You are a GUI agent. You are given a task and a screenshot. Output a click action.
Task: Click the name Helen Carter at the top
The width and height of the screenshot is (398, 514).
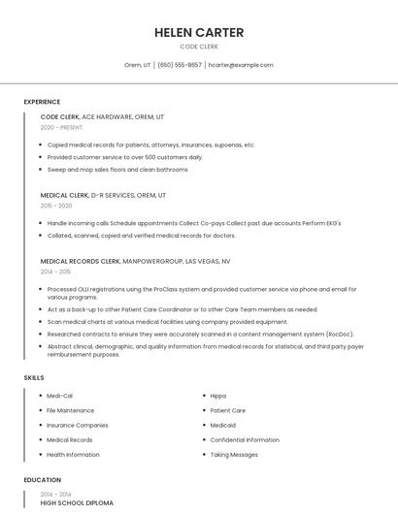[x=199, y=33]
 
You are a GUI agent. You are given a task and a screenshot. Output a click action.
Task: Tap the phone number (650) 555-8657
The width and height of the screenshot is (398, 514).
[x=180, y=65]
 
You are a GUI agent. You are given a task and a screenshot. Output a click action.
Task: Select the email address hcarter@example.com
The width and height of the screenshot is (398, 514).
[x=242, y=65]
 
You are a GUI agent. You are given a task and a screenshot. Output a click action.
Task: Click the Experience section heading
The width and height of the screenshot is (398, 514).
[x=42, y=102]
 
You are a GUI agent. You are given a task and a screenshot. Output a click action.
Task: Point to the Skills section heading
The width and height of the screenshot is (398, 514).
[x=34, y=377]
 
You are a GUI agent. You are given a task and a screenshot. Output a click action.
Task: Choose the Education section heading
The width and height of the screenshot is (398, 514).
[x=42, y=480]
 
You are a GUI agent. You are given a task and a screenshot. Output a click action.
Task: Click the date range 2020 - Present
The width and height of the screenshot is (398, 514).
[x=62, y=127]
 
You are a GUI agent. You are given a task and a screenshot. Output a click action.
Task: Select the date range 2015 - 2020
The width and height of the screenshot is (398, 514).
[x=56, y=206]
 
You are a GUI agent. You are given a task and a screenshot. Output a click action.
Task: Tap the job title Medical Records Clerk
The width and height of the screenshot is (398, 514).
[x=81, y=261]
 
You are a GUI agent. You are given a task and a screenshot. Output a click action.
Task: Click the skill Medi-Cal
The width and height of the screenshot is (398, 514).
[x=60, y=396]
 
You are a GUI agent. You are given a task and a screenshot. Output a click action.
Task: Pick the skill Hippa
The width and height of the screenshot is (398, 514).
[x=218, y=396]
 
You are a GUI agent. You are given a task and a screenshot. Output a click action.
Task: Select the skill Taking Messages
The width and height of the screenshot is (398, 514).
[x=234, y=455]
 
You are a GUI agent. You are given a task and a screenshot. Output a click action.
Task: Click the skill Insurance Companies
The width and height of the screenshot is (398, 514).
[x=78, y=425]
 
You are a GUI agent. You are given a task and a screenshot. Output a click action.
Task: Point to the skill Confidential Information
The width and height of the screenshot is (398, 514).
[x=245, y=440]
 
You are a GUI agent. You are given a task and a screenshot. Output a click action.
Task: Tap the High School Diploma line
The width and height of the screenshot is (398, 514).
[x=77, y=503]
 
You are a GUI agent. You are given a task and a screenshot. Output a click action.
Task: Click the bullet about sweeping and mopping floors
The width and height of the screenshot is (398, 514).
[x=117, y=170]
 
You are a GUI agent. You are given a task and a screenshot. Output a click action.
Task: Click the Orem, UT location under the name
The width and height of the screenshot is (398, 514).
[x=138, y=65]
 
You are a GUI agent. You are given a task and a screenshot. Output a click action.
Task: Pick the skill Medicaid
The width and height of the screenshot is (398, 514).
[x=223, y=425]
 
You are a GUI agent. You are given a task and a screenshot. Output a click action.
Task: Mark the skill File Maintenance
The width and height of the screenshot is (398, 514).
[x=71, y=410]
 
